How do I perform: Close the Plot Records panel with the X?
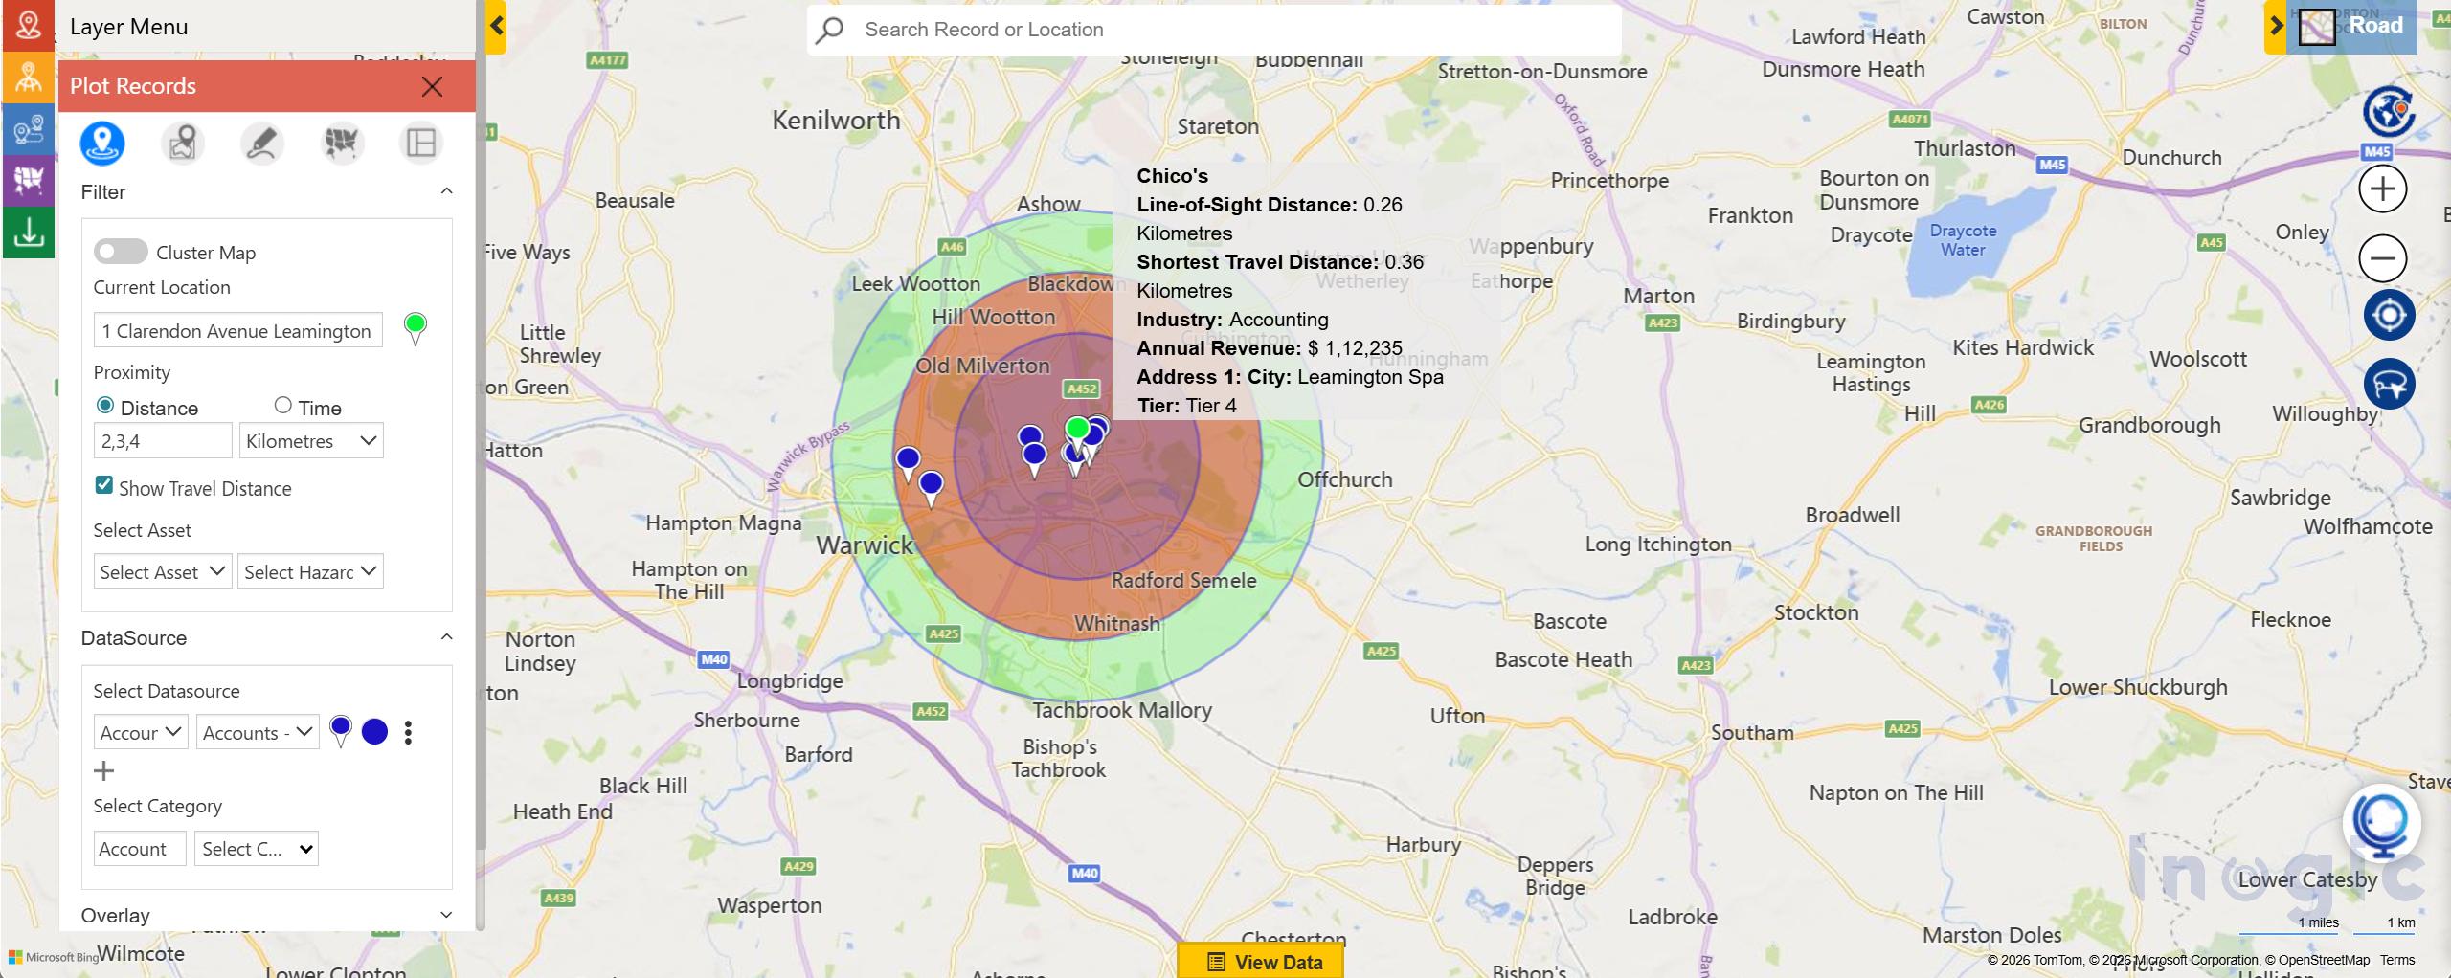click(x=432, y=87)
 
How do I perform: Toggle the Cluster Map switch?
click(x=121, y=252)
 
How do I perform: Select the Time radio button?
click(x=282, y=406)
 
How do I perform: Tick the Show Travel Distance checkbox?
click(x=104, y=485)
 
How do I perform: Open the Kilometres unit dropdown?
click(x=310, y=441)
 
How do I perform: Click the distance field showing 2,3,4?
click(x=163, y=441)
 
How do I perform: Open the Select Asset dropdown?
click(x=162, y=571)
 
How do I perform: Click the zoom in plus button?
click(x=2382, y=189)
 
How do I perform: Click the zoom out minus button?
click(x=2382, y=258)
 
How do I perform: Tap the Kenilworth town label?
click(x=836, y=121)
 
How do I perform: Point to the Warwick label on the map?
click(x=865, y=545)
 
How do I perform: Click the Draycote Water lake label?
click(x=1963, y=240)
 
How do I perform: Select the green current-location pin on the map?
click(x=1077, y=430)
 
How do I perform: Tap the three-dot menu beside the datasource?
click(x=409, y=733)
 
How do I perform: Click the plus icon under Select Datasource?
click(x=103, y=771)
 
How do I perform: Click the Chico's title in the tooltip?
click(x=1172, y=176)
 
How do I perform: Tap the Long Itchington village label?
click(x=1657, y=545)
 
